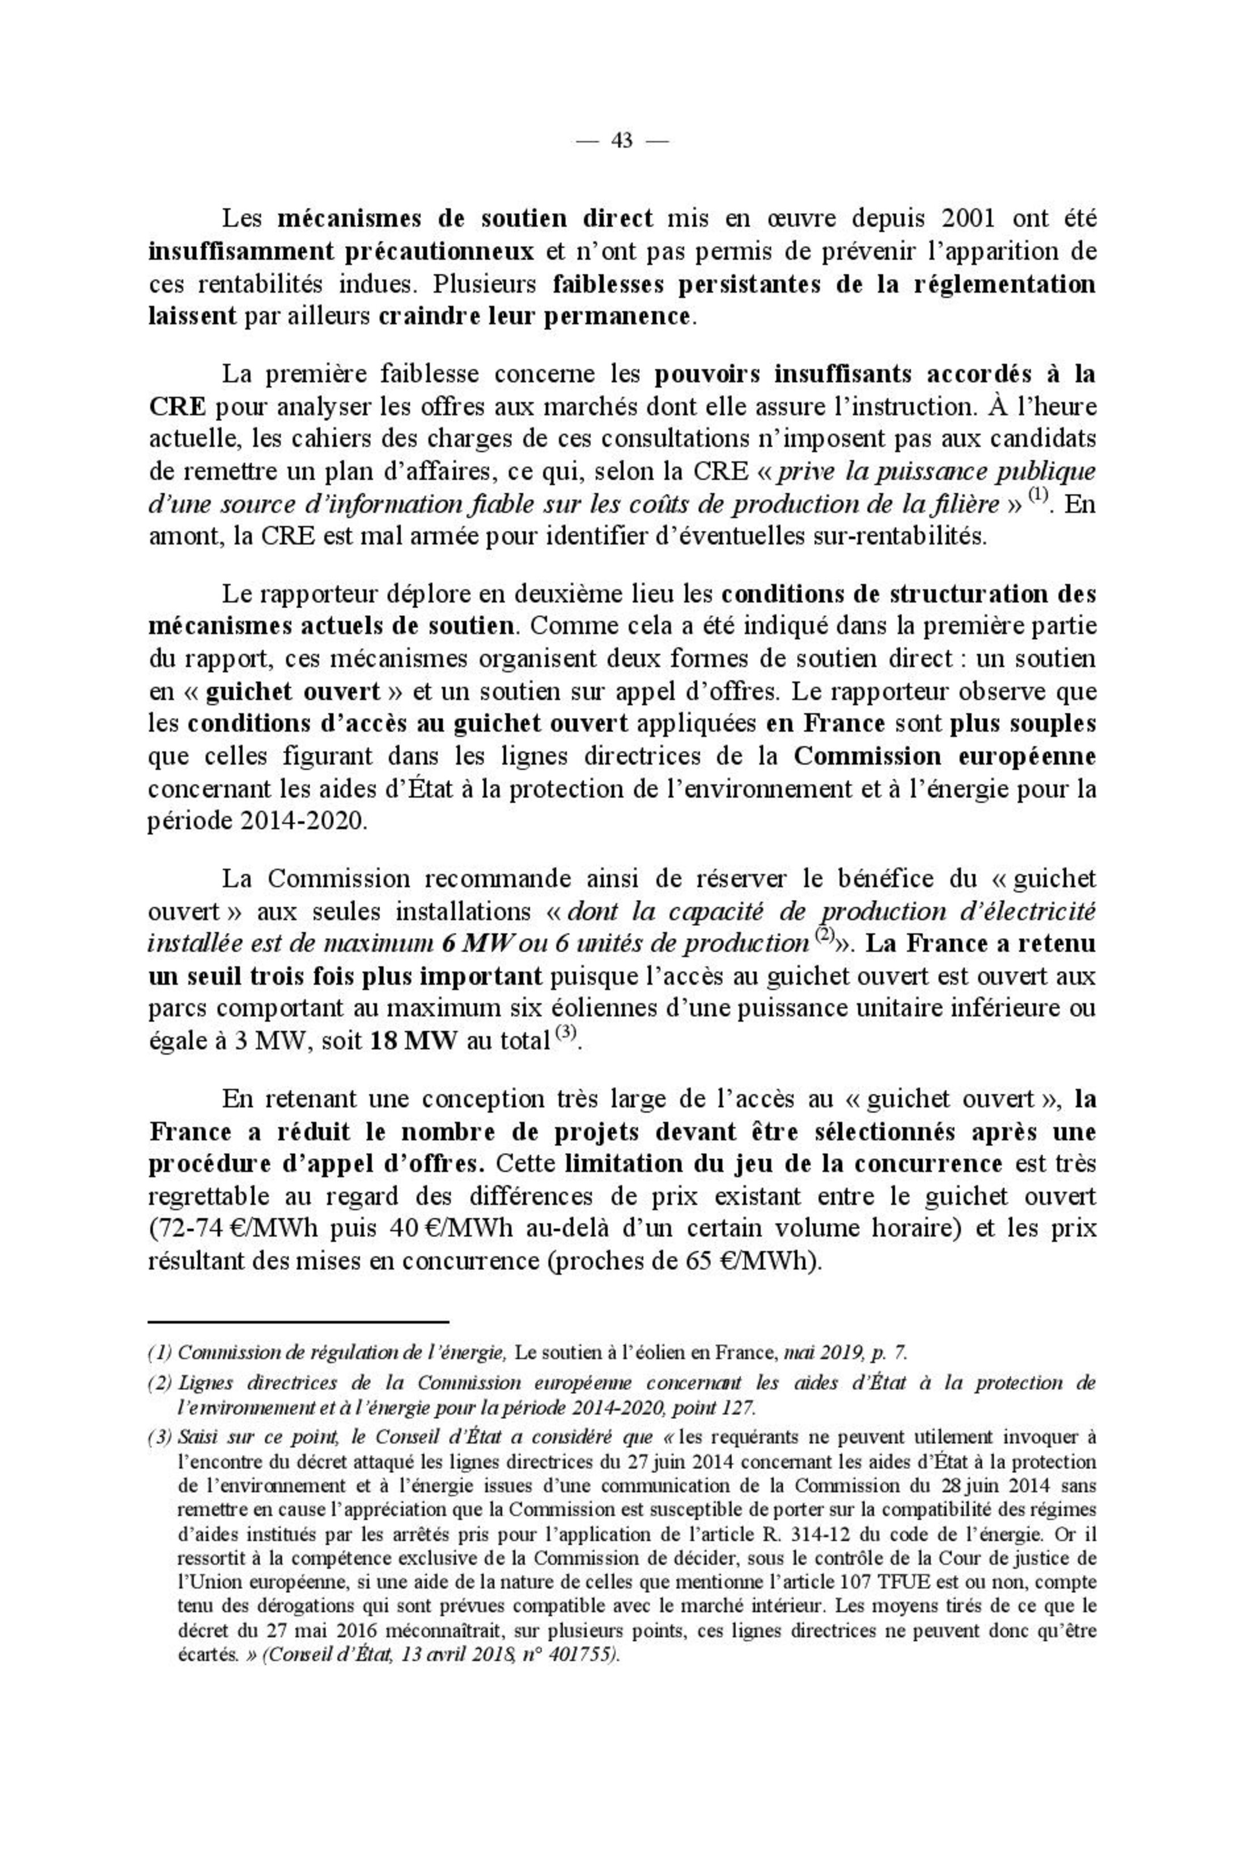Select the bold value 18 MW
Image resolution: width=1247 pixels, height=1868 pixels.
tap(414, 1042)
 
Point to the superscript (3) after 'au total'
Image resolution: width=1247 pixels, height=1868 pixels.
tap(566, 1034)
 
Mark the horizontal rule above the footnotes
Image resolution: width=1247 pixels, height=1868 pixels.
tap(299, 1321)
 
